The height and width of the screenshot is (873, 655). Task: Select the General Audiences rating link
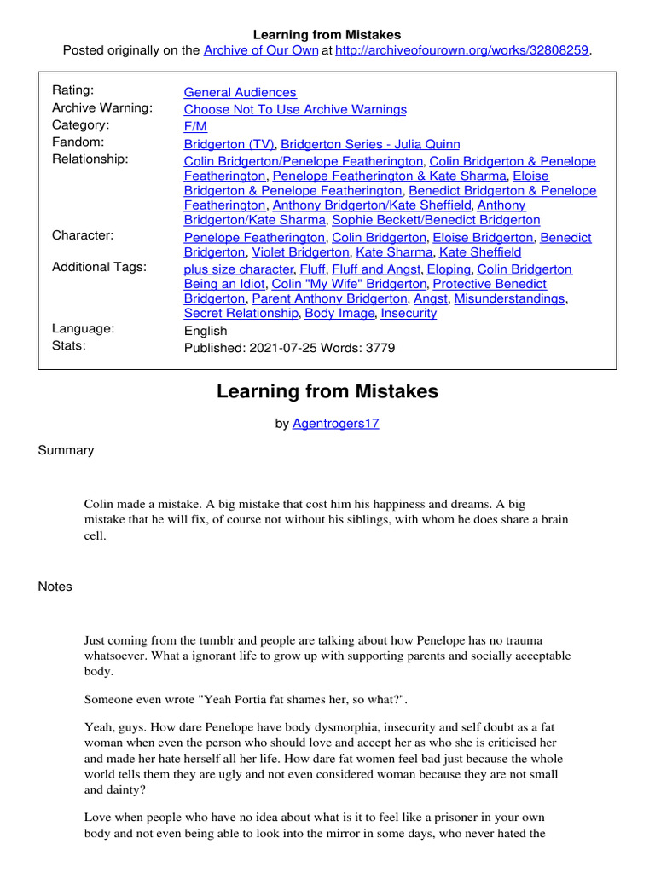coord(240,92)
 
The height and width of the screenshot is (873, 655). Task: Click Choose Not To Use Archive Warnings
coord(295,109)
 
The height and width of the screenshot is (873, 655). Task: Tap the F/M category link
coord(196,126)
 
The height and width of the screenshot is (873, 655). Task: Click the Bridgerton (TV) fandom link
coord(229,144)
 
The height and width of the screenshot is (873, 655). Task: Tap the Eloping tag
coord(448,269)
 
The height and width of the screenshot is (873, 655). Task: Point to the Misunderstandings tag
coord(509,298)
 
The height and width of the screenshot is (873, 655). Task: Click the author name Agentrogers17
coord(335,424)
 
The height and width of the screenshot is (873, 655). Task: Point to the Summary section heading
coord(66,450)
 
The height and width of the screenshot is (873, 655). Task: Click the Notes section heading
coord(55,587)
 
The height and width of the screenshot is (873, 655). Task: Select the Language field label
coord(83,329)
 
